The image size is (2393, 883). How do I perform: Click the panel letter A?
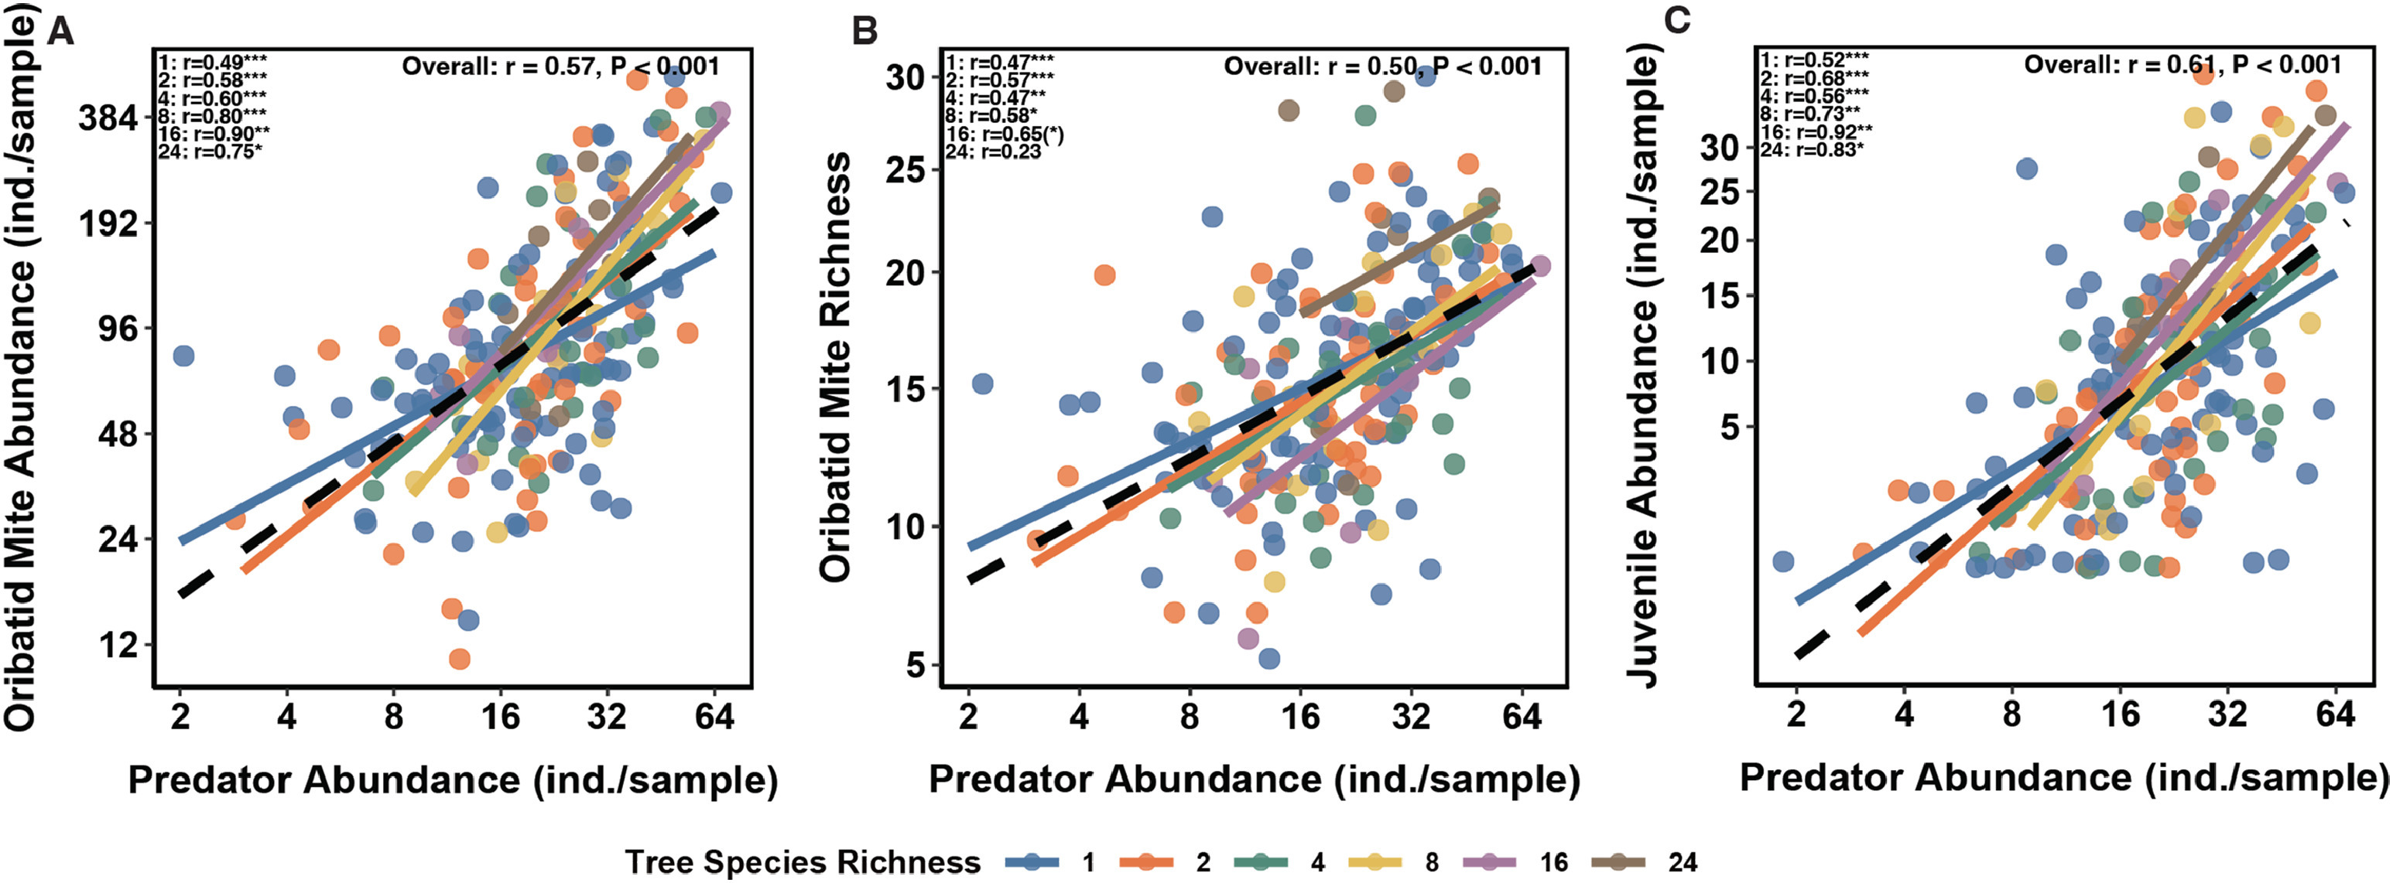tap(60, 32)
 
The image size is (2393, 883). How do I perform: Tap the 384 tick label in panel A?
tap(108, 118)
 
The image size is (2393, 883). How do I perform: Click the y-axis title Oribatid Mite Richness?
tap(836, 368)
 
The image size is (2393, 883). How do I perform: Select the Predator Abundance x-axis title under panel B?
tap(1254, 779)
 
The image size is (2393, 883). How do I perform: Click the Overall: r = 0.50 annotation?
tap(1319, 66)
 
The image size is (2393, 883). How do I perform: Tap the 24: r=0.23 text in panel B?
tap(993, 152)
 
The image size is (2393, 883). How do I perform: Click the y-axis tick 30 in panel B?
tap(906, 77)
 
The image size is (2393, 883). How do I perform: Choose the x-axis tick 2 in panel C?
tap(1796, 716)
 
